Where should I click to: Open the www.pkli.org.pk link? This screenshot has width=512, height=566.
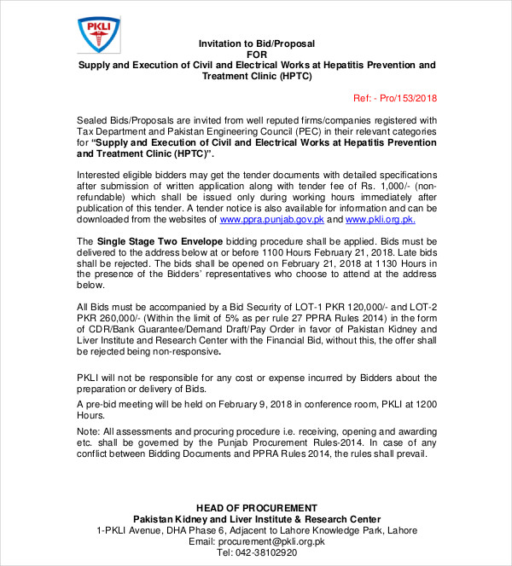pos(380,219)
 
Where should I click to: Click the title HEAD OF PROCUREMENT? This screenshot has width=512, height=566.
pos(256,508)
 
